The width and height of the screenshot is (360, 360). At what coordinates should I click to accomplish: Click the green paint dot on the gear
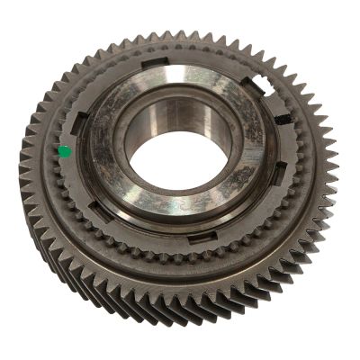(64, 152)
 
